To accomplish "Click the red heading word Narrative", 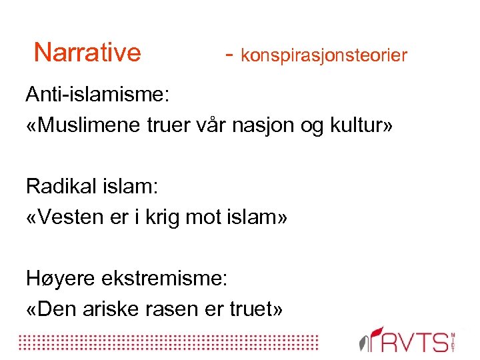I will (x=87, y=51).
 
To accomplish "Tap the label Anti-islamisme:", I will (x=98, y=95).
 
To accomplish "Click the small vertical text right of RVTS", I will (x=454, y=341).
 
